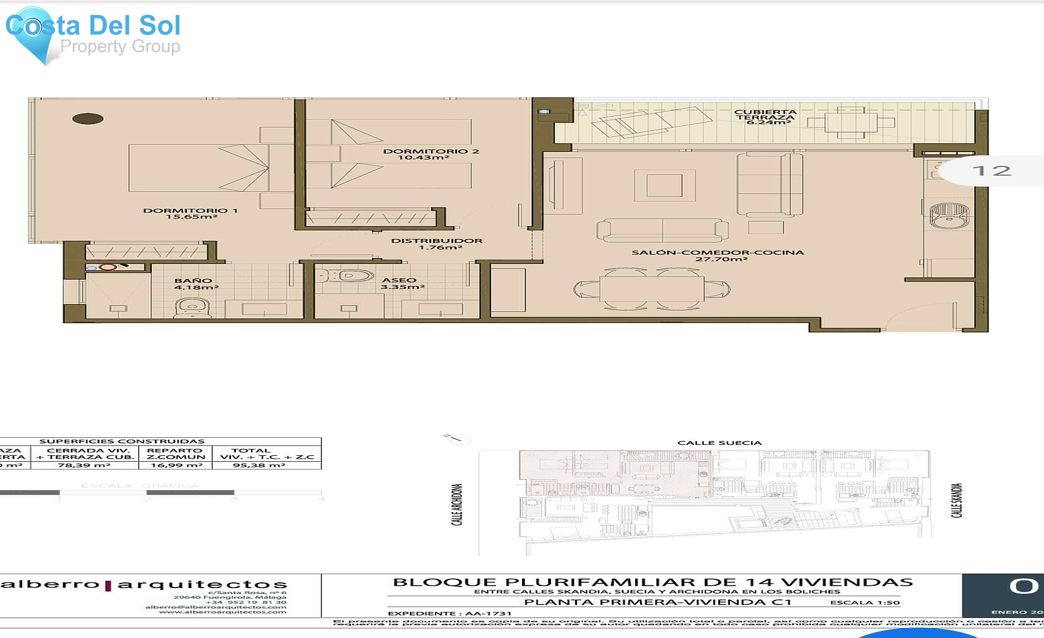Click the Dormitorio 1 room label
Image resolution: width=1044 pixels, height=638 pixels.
pos(190,213)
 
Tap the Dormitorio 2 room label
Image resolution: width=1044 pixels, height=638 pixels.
pos(430,154)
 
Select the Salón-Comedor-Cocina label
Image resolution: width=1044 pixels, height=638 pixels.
pos(717,256)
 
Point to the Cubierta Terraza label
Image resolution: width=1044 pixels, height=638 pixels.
pos(766,117)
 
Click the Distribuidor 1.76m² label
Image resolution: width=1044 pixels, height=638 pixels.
pos(437,244)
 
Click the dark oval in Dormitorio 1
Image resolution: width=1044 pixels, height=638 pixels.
pos(88,119)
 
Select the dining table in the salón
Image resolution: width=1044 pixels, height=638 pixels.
pos(652,289)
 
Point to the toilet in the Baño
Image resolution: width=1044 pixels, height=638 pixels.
pos(192,307)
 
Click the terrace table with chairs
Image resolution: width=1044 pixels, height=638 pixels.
pos(851,122)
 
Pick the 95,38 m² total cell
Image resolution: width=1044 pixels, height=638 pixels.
pos(259,465)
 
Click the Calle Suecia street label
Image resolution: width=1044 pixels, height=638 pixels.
pos(719,443)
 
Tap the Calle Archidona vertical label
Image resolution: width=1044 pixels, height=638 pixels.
pos(457,505)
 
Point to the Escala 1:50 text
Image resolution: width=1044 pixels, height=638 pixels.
pos(865,603)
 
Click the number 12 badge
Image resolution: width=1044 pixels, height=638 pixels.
pos(992,171)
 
